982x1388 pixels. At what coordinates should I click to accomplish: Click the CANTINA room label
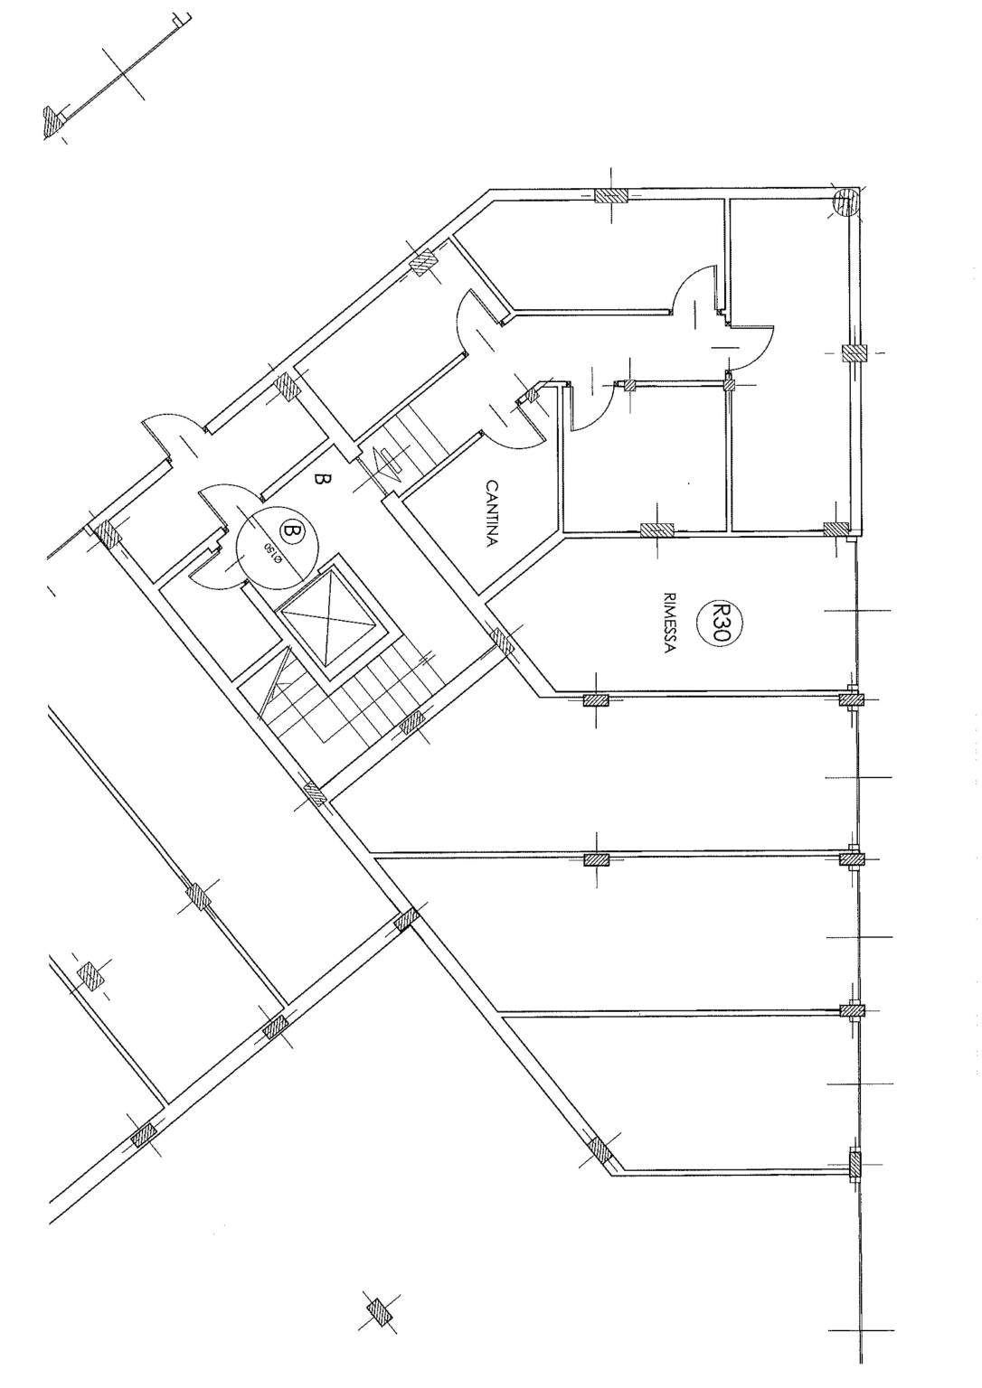(x=491, y=513)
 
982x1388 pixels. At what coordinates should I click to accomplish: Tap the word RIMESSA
(x=668, y=624)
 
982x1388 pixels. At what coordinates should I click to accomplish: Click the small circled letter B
(x=289, y=531)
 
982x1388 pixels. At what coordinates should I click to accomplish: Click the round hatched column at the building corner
(x=845, y=202)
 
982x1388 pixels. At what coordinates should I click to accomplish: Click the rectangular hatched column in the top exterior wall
(x=611, y=195)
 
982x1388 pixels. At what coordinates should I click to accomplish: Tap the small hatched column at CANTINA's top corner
(x=533, y=395)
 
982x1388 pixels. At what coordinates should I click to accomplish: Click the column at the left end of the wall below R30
(x=596, y=700)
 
